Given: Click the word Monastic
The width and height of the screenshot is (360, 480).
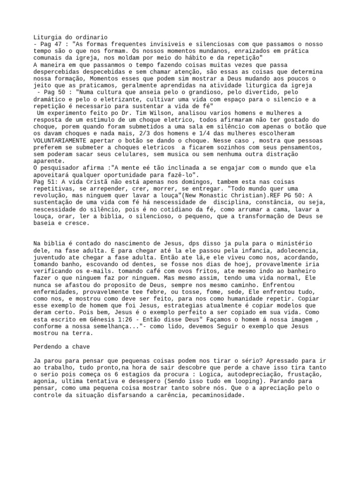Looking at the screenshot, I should point(231,196).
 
